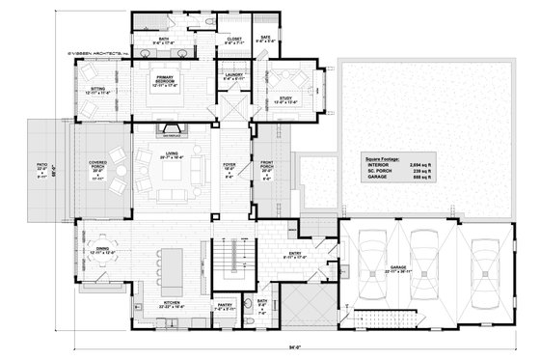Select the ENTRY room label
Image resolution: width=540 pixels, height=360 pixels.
click(295, 255)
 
